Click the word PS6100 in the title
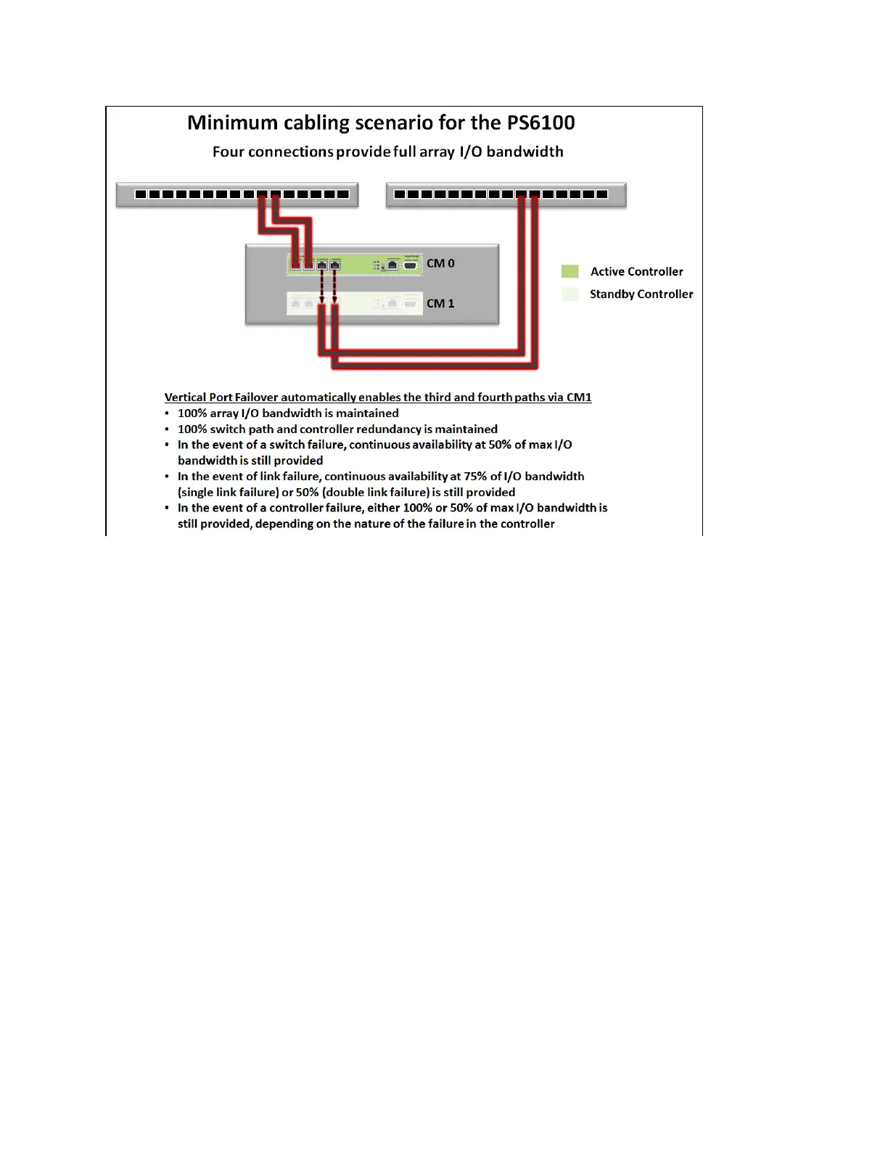point(538,123)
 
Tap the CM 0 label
point(440,263)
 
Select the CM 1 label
point(440,303)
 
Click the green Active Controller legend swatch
point(570,271)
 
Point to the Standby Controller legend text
point(641,294)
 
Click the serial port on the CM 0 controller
point(410,265)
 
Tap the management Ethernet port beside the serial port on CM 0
point(392,265)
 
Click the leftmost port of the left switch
point(141,194)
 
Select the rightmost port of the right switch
point(601,194)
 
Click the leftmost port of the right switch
point(400,194)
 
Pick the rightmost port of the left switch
point(343,194)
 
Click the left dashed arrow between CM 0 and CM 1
point(321,285)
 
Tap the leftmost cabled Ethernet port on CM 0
point(295,265)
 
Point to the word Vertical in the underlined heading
point(186,398)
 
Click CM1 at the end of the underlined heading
point(579,398)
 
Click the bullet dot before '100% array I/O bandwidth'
point(168,413)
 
